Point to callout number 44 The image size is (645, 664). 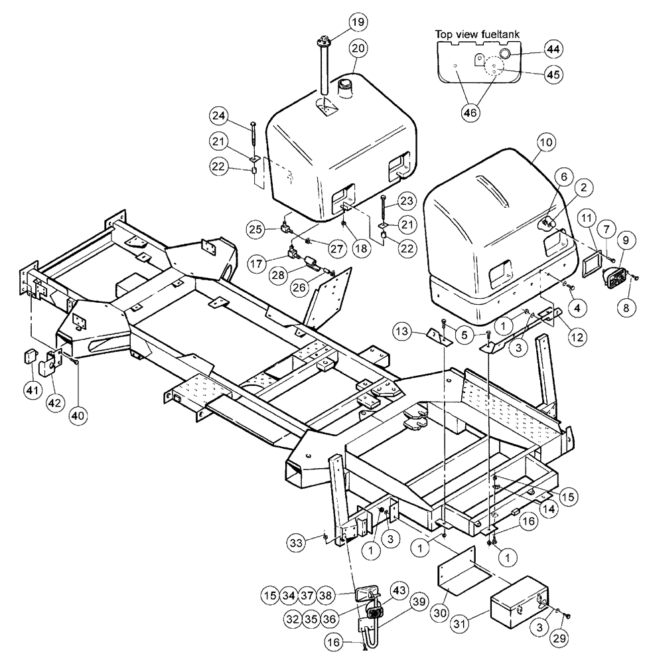[553, 48]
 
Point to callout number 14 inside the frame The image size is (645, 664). [530, 510]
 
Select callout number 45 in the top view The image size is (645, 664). [553, 75]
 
